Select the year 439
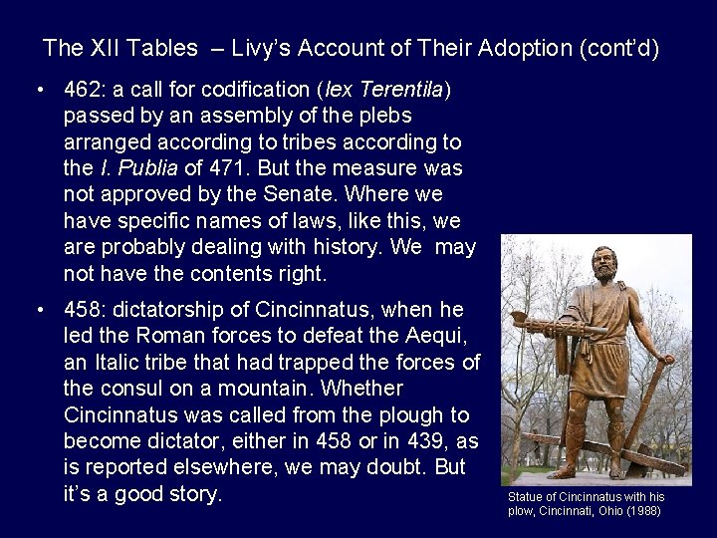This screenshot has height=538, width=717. tap(411, 438)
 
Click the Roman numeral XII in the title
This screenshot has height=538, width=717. tap(110, 47)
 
